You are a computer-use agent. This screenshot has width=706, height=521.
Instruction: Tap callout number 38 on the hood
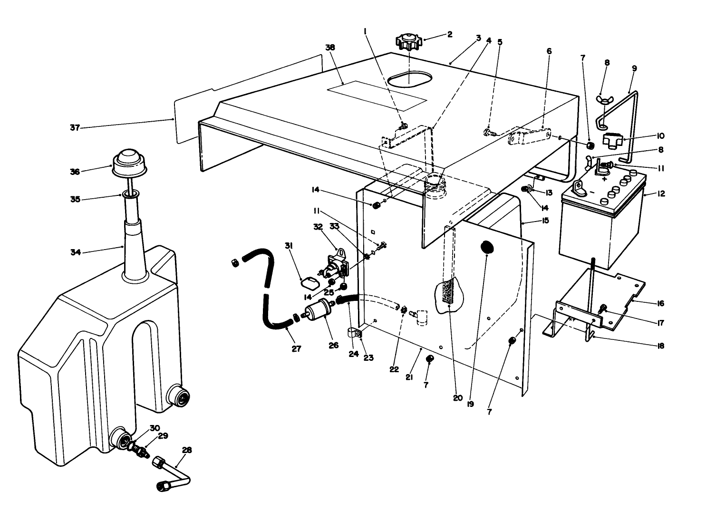[330, 48]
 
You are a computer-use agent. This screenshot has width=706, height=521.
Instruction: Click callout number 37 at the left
[74, 127]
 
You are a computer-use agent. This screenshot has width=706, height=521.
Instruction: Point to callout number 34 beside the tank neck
[76, 252]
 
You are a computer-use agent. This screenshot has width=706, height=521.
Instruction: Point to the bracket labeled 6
[529, 137]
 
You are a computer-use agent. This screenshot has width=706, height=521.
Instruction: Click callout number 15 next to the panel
[545, 221]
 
